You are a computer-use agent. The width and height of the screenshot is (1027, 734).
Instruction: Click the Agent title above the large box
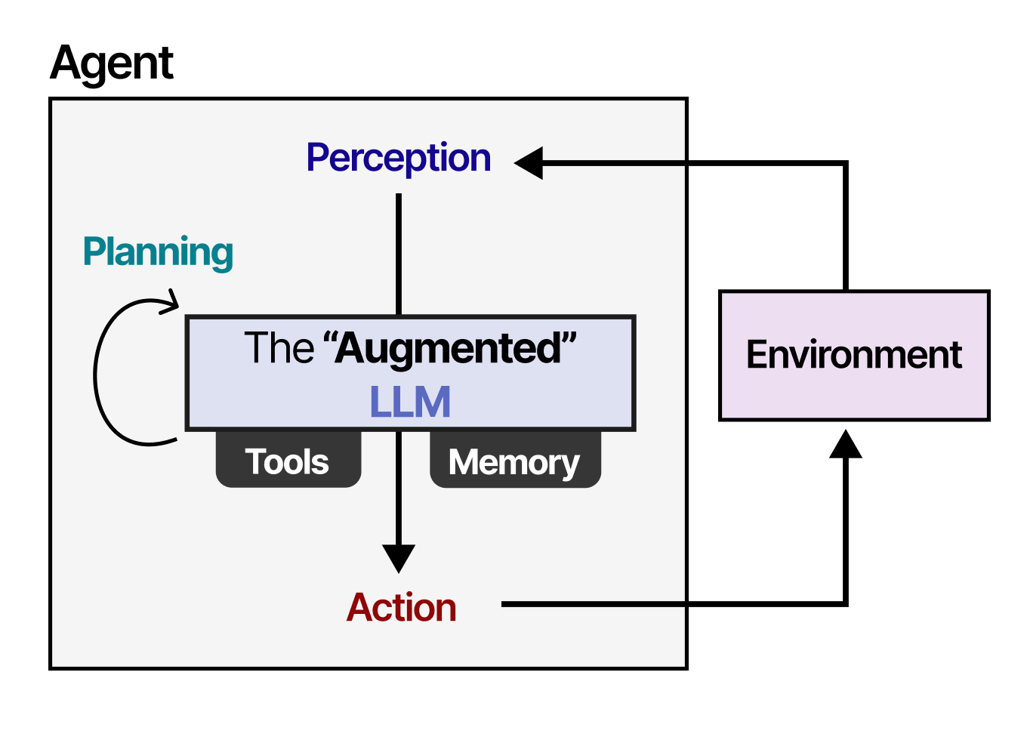(112, 63)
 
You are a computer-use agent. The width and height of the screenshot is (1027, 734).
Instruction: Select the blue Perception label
(398, 159)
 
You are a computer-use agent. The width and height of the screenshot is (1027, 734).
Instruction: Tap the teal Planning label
(158, 252)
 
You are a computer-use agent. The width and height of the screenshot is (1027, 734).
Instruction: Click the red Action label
(401, 608)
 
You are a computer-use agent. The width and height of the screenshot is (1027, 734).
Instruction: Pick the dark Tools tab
(288, 461)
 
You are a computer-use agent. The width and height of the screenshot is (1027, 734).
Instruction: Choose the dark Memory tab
(514, 461)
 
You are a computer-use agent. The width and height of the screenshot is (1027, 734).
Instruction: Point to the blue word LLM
(410, 402)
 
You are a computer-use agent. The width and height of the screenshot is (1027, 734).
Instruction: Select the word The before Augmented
(279, 348)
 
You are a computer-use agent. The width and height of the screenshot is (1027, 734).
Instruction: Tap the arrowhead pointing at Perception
(529, 162)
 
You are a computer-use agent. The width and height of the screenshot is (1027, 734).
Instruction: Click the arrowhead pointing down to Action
(399, 558)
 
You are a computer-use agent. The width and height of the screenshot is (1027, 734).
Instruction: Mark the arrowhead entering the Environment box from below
(845, 445)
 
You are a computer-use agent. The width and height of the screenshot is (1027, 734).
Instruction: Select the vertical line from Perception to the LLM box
(399, 253)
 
